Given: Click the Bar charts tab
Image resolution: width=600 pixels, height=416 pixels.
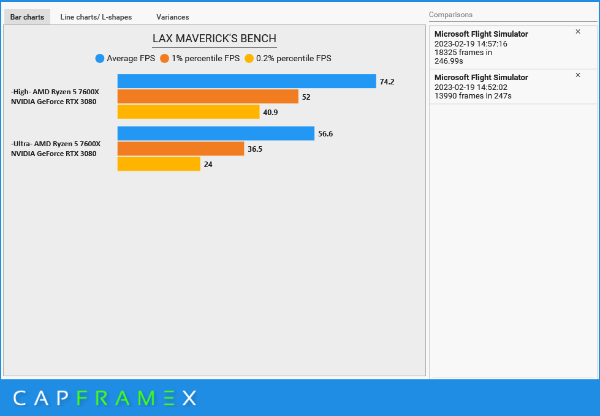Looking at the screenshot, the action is click(27, 17).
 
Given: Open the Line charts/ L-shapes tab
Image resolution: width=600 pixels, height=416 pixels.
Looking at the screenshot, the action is click(96, 17).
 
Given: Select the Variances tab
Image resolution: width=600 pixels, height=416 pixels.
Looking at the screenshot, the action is click(173, 17).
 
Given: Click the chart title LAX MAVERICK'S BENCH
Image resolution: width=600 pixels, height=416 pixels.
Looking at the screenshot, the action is click(215, 39).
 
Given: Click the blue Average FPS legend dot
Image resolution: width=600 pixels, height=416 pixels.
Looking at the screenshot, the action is click(100, 59).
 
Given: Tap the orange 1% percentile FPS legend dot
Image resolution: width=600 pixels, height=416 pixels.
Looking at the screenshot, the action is click(164, 59).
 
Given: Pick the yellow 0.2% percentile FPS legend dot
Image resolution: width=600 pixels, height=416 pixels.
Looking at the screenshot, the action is click(249, 59).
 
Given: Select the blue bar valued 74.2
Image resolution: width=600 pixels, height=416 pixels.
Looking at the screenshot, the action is click(247, 81).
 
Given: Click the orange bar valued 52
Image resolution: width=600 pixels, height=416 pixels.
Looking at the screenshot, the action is click(208, 97).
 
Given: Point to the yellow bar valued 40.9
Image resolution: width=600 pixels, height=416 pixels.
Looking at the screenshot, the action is click(188, 112).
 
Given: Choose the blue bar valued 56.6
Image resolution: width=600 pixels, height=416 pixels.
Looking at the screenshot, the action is click(216, 133).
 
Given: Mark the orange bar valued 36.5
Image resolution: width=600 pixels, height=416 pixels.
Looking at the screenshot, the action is click(181, 149).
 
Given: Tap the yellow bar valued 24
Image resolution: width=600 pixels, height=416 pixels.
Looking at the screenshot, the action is click(159, 164).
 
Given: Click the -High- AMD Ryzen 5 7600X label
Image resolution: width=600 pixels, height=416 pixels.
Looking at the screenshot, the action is click(55, 92).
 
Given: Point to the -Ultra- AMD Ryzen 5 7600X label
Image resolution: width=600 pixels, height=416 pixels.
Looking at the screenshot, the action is click(56, 144).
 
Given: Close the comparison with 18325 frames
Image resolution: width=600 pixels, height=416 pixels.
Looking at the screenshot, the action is click(578, 32).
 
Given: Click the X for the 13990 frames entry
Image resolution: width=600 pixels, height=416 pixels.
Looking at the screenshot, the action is click(578, 75).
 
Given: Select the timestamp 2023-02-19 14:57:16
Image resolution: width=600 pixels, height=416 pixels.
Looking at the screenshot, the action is click(471, 44).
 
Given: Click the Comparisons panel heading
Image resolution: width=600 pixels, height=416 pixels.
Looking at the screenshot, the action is click(450, 15).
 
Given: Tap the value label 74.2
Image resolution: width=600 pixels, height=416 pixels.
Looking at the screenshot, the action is click(387, 82).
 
